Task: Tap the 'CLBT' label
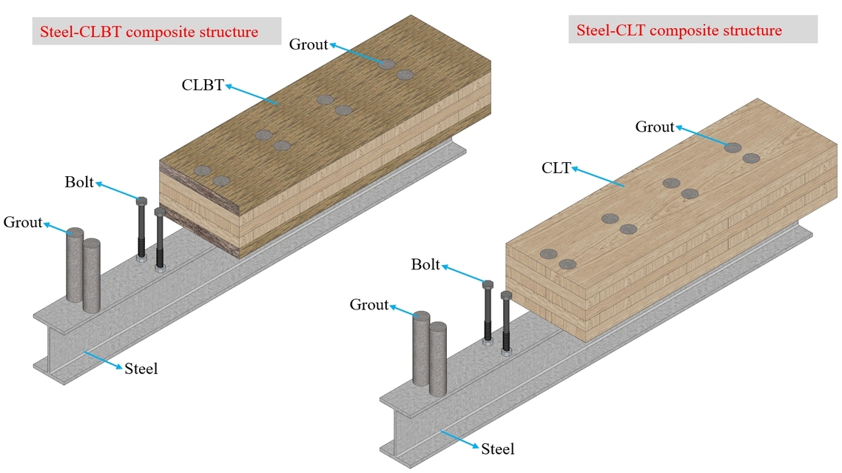[x=202, y=84]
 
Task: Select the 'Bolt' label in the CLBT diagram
[x=79, y=181]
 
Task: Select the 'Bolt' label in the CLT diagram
[x=425, y=264]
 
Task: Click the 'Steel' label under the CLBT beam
[x=141, y=368]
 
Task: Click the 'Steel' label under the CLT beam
[x=497, y=449]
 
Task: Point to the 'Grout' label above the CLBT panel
[x=308, y=44]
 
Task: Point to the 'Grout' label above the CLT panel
[x=655, y=127]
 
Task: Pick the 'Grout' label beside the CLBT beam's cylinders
[x=23, y=222]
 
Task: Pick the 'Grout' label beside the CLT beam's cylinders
[x=369, y=304]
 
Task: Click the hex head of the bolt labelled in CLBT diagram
[x=142, y=201]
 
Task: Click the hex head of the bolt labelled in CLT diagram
[x=487, y=284]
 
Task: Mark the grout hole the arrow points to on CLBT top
[x=387, y=64]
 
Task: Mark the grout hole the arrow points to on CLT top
[x=732, y=147]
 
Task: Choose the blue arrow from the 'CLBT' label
[x=252, y=95]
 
